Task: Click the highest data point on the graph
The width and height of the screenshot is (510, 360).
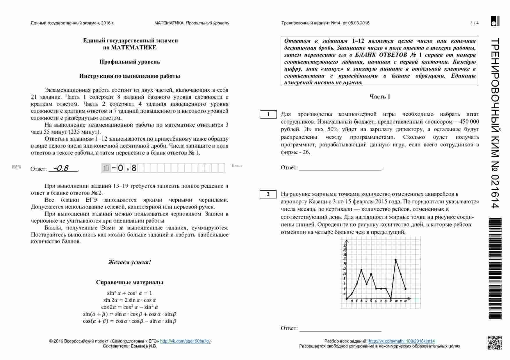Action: (395, 259)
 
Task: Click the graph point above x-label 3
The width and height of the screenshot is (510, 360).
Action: (361, 270)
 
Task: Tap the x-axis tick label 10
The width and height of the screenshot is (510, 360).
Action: (396, 301)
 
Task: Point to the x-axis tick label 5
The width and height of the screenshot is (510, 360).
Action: (371, 301)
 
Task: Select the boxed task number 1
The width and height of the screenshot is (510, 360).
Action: (268, 114)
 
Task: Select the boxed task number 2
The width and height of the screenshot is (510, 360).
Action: (268, 194)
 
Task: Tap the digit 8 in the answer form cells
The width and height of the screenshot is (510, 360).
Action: (134, 168)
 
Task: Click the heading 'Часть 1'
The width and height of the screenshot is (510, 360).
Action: (380, 97)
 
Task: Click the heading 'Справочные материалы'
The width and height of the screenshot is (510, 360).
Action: (129, 282)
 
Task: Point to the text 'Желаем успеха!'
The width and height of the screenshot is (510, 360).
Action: (129, 262)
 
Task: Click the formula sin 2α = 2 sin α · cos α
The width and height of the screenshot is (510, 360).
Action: (129, 300)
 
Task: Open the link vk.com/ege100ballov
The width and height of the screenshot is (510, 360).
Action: (185, 341)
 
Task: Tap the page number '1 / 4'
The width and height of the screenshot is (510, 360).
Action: (475, 23)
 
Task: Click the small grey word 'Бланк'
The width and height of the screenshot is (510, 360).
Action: (237, 166)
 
